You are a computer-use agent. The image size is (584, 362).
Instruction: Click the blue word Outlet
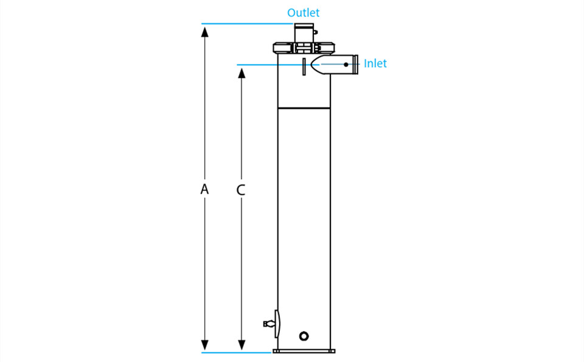pos(303,13)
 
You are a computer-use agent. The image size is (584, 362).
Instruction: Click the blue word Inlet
pos(375,63)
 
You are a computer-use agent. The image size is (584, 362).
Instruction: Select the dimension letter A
pos(204,189)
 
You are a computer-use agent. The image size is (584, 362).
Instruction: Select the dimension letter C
pos(241,190)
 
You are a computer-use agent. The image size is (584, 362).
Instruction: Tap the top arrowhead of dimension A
pos(204,32)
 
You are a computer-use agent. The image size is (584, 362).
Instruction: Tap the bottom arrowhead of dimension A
pos(204,345)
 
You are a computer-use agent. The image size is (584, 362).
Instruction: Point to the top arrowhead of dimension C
pos(242,73)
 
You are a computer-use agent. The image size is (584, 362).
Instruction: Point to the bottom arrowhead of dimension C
pos(242,345)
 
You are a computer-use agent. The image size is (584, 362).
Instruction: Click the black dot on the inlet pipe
pos(346,64)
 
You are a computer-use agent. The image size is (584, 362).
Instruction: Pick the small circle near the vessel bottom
pos(304,336)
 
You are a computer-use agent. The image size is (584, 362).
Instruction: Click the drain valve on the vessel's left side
pos(271,324)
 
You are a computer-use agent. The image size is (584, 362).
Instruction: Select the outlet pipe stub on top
pos(304,33)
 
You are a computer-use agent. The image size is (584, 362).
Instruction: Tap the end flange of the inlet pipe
pos(356,64)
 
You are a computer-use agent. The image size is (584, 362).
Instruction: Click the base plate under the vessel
pos(304,351)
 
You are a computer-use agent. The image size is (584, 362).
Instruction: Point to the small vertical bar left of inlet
pos(304,67)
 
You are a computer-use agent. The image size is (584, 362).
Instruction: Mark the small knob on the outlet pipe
pos(316,32)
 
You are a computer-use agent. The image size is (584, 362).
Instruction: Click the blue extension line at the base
pos(237,352)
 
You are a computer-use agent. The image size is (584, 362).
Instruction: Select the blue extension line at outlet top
pos(248,24)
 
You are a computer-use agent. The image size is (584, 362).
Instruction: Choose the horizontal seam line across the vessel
pos(304,108)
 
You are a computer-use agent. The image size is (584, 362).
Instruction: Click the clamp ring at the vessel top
pos(304,48)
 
